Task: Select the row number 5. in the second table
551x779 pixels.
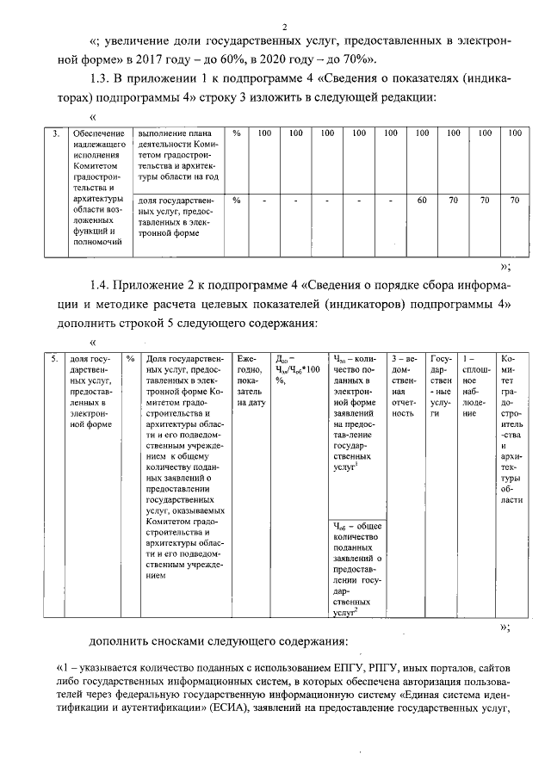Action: pyautogui.click(x=54, y=358)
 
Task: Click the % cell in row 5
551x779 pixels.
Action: pyautogui.click(x=129, y=358)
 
